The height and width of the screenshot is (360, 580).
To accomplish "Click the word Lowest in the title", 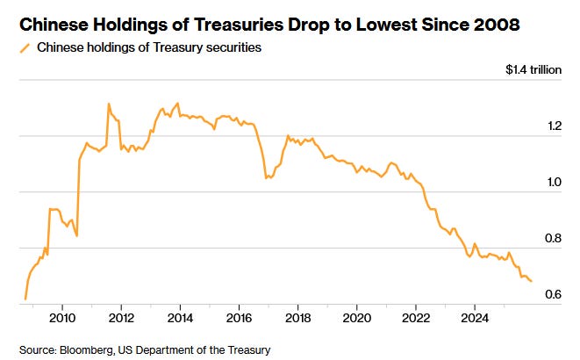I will pos(384,25).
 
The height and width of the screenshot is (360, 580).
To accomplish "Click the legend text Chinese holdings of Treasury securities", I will pos(149,47).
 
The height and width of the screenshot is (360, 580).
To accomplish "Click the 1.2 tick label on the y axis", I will pos(553,126).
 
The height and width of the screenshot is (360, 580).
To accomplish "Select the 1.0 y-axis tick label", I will pos(553,182).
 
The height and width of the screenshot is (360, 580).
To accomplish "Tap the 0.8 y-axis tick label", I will pos(553,238).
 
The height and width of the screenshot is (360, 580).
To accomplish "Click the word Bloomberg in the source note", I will pos(92,349).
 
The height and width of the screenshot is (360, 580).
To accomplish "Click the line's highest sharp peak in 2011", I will pos(109,104).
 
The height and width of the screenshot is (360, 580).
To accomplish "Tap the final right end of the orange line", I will pos(532,281).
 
